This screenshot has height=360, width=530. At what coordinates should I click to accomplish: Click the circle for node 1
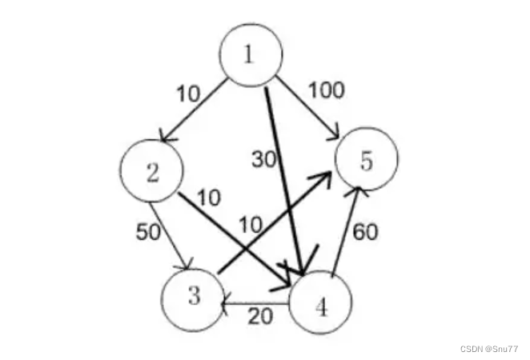[251, 56]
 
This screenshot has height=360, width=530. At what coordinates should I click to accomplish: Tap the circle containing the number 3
[193, 297]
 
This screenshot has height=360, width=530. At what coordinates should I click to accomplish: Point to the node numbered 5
[366, 161]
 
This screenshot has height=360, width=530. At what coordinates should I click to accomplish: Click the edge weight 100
[326, 90]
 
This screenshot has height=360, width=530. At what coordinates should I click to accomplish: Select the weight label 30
[264, 159]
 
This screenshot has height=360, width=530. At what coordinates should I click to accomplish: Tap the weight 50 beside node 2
[149, 233]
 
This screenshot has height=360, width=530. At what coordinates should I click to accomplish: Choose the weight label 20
[259, 316]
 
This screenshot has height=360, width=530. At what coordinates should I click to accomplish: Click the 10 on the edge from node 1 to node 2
[188, 94]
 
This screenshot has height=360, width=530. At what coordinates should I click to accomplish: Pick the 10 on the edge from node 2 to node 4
[209, 197]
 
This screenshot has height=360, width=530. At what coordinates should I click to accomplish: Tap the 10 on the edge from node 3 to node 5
[251, 225]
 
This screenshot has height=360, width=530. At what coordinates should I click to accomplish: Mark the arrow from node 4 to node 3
[256, 302]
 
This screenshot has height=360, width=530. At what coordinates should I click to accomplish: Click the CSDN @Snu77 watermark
[491, 349]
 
